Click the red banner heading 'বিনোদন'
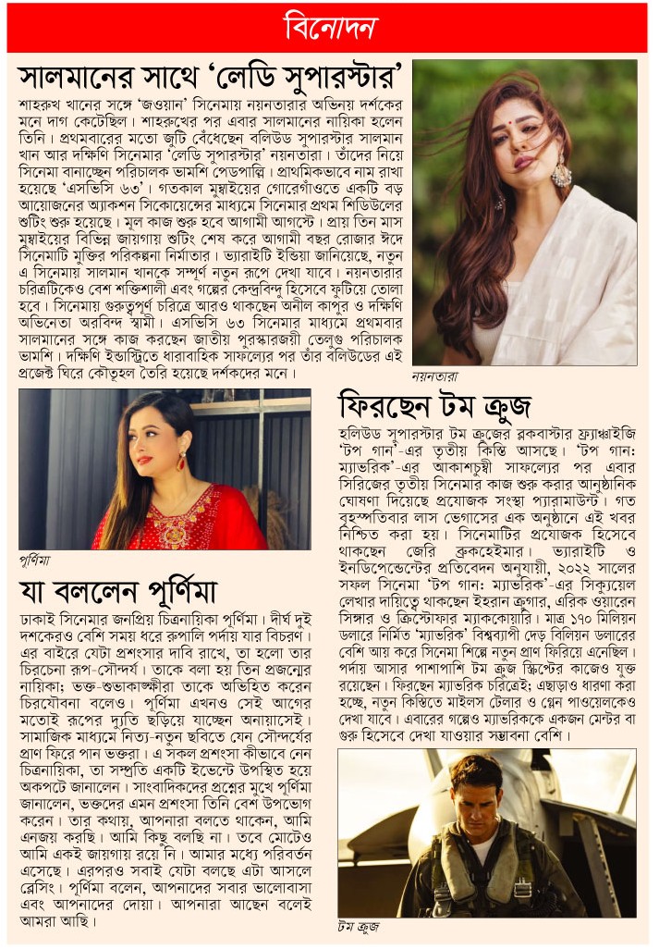click(x=329, y=28)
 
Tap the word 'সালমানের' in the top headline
click(x=82, y=73)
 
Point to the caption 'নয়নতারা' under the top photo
click(x=435, y=378)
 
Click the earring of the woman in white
click(x=561, y=173)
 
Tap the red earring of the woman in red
click(x=182, y=461)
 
